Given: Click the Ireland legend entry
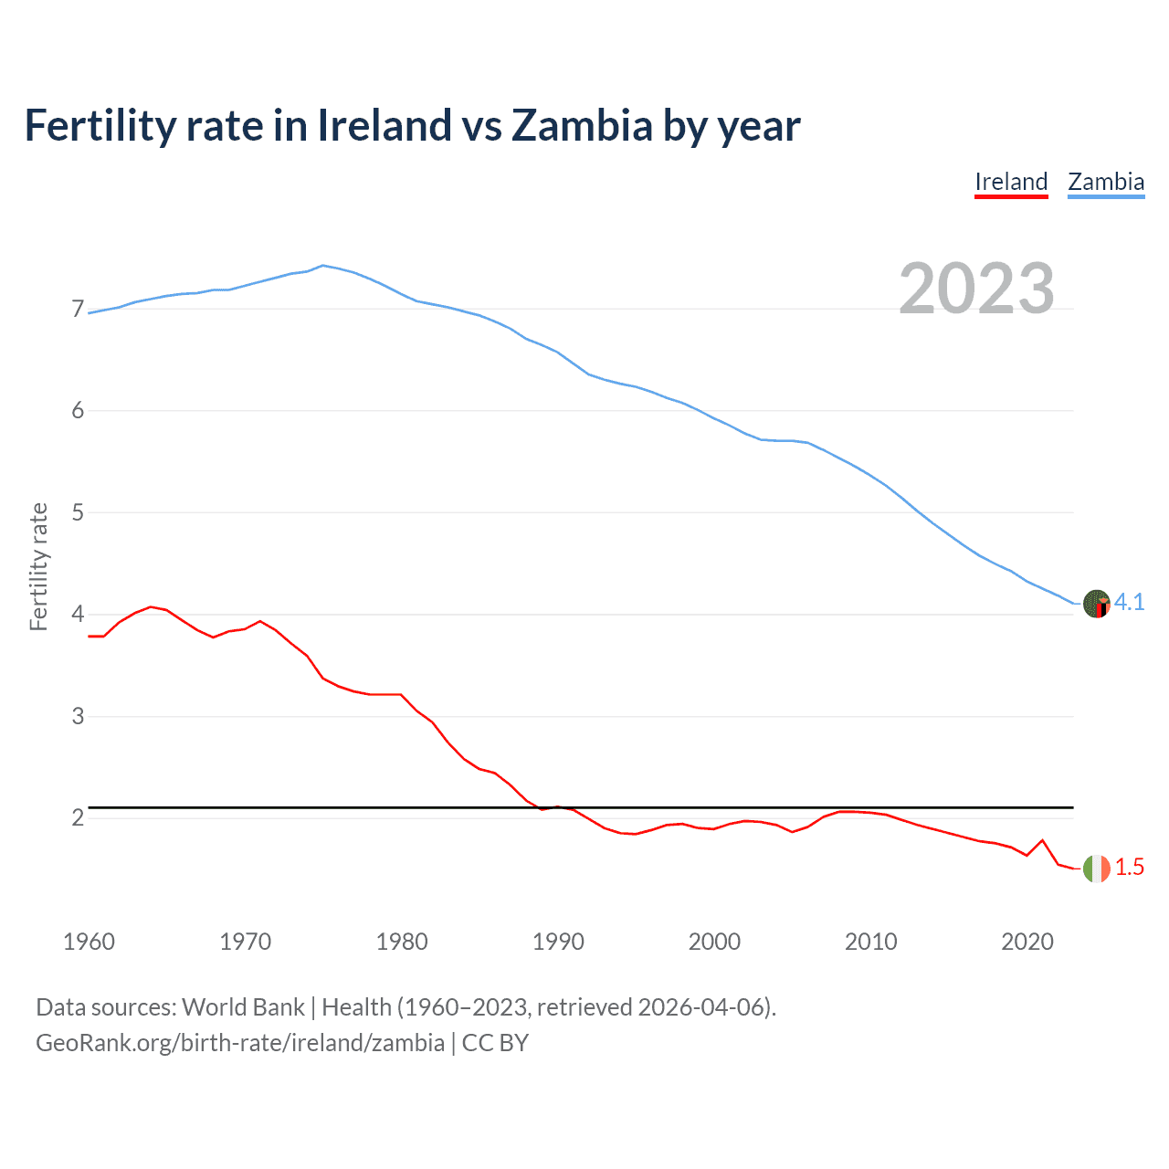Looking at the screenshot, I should coord(1011,182).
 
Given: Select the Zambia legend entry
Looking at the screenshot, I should coord(1106,182).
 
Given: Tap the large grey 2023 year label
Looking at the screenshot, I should coord(976,289).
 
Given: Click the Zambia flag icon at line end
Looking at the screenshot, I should coord(1096,603).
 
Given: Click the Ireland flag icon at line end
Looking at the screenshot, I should coord(1096,868).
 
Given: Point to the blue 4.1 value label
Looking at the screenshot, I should coord(1129,603).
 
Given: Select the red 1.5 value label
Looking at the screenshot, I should coord(1129,868).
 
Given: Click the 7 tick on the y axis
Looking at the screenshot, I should coord(78,310).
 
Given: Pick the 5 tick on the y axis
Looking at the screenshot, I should coord(78,513).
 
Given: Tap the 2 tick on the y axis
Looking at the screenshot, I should coord(78,818).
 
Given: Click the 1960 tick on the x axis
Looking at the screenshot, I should coord(89,942).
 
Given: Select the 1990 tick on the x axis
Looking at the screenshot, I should coord(558,942).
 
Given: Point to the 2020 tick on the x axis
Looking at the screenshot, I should coord(1027,942).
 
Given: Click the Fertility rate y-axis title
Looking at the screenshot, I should coord(38,566).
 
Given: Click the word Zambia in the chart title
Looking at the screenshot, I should coord(581,126).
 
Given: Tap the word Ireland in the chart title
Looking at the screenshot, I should coord(384,126).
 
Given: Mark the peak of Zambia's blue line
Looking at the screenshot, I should coord(322,266).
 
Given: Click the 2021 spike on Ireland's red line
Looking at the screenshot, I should coord(1042,840).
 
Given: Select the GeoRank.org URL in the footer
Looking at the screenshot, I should coord(239,1043).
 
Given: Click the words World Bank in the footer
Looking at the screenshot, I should coord(243,1007).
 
